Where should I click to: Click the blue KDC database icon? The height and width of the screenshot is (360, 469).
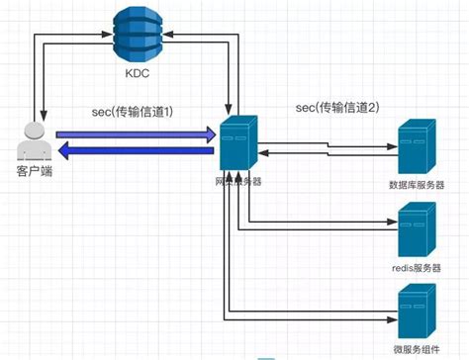tap(135, 32)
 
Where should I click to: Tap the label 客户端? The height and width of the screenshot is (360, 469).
tap(34, 173)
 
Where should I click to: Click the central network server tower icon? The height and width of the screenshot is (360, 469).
tap(237, 146)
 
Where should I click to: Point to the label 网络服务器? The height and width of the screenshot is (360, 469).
tap(237, 184)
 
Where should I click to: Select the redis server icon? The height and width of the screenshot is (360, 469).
tap(416, 230)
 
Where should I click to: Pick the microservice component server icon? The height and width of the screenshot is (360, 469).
tap(416, 311)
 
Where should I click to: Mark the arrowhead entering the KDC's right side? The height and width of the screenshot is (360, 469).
tap(165, 37)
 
